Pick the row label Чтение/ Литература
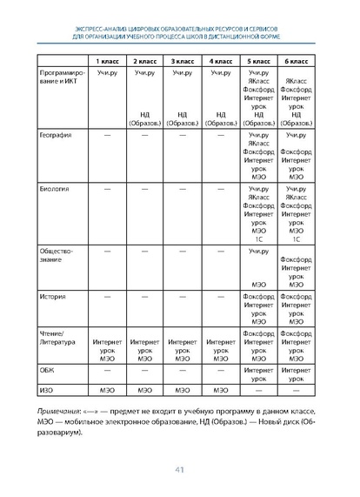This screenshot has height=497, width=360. click(x=58, y=338)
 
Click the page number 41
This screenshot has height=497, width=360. click(x=180, y=471)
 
